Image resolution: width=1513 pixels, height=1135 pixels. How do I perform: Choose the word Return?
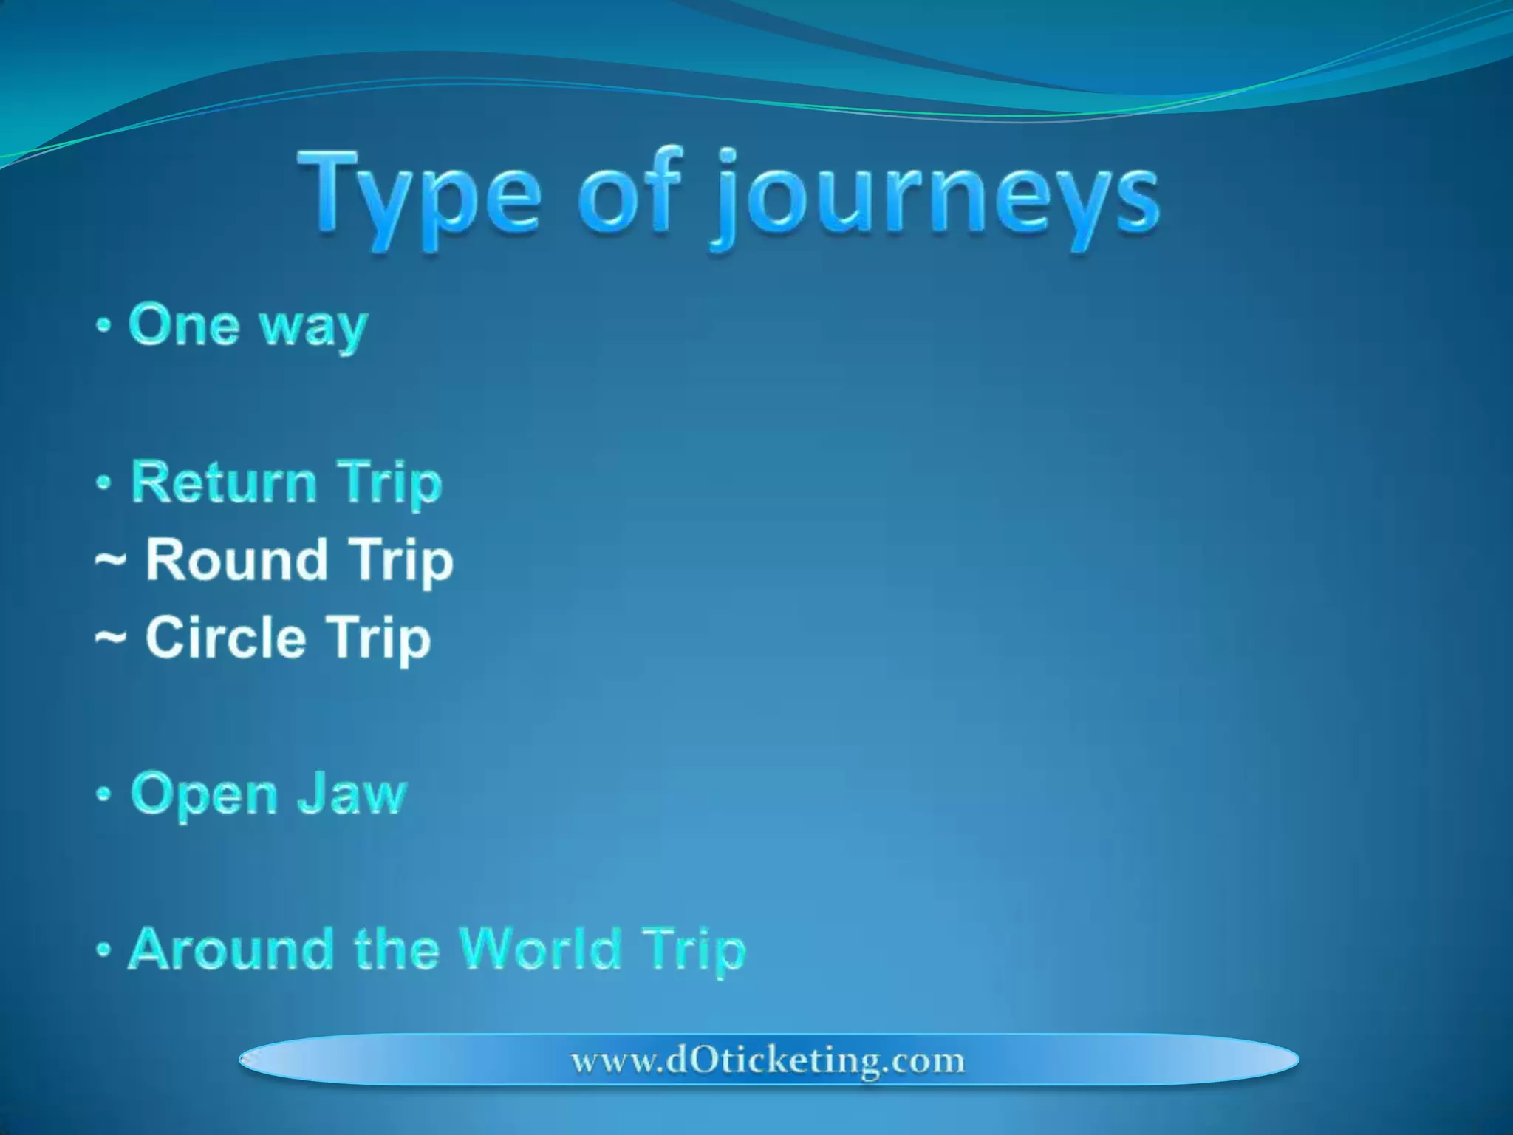pyautogui.click(x=224, y=482)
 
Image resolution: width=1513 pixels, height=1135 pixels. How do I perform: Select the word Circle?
pyautogui.click(x=225, y=637)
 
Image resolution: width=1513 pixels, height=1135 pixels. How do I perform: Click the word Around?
pyautogui.click(x=230, y=949)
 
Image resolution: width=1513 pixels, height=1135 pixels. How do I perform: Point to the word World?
pyautogui.click(x=540, y=949)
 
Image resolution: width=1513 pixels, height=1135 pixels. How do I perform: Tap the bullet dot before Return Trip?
pyautogui.click(x=104, y=483)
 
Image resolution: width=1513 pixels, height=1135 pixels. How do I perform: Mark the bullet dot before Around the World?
pyautogui.click(x=104, y=950)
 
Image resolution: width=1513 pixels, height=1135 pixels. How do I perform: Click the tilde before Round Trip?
pyautogui.click(x=110, y=562)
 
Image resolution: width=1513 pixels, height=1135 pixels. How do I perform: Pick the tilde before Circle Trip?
pyautogui.click(x=110, y=639)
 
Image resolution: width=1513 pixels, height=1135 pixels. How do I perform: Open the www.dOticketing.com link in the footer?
pyautogui.click(x=768, y=1060)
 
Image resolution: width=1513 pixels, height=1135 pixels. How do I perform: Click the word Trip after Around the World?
pyautogui.click(x=693, y=952)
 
